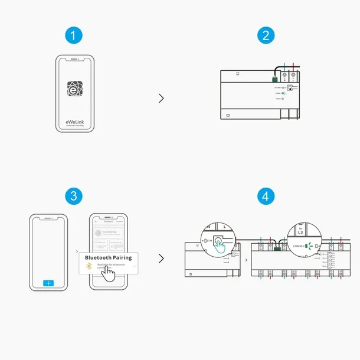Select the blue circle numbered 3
point(73,197)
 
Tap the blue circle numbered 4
point(266,197)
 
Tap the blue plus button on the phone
point(48,283)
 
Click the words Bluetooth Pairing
point(108,257)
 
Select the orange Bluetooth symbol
point(90,267)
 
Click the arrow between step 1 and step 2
point(161,98)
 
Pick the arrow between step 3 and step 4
point(161,258)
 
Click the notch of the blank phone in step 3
point(48,217)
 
